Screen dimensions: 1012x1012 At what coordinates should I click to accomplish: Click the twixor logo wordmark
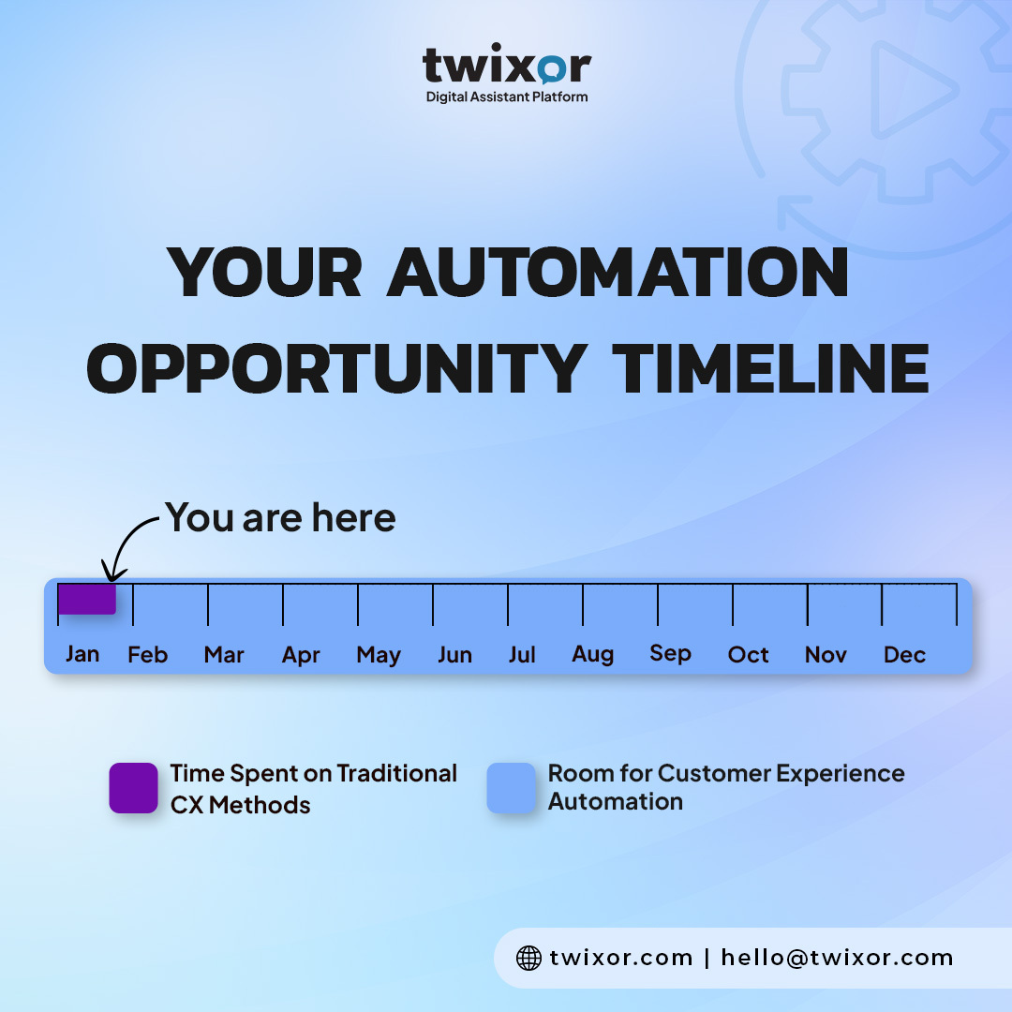point(507,66)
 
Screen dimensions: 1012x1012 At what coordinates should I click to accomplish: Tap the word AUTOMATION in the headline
point(618,274)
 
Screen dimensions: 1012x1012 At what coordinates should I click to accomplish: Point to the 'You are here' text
point(281,517)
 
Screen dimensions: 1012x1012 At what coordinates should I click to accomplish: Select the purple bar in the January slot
point(86,599)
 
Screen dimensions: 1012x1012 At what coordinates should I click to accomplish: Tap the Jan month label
point(82,654)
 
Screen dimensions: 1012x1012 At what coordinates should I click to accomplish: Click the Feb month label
point(148,655)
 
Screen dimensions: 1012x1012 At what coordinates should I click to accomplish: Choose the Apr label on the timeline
point(301,656)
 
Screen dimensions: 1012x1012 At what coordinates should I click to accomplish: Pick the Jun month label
point(454,656)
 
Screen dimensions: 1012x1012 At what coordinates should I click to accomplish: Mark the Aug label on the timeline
point(593,654)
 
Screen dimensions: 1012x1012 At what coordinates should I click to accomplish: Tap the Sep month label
point(670,653)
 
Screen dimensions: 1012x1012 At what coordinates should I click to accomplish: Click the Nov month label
point(826,655)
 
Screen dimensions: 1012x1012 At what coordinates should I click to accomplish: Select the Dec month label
point(904,655)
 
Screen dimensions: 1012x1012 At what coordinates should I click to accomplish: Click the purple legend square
point(133,787)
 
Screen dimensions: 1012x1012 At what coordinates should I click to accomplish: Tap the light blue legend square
point(512,787)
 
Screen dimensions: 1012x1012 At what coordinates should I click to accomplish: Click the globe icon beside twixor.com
point(529,958)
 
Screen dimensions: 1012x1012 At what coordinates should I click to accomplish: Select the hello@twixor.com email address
point(837,958)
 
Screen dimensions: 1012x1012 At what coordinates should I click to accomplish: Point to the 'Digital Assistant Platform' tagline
point(507,97)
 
